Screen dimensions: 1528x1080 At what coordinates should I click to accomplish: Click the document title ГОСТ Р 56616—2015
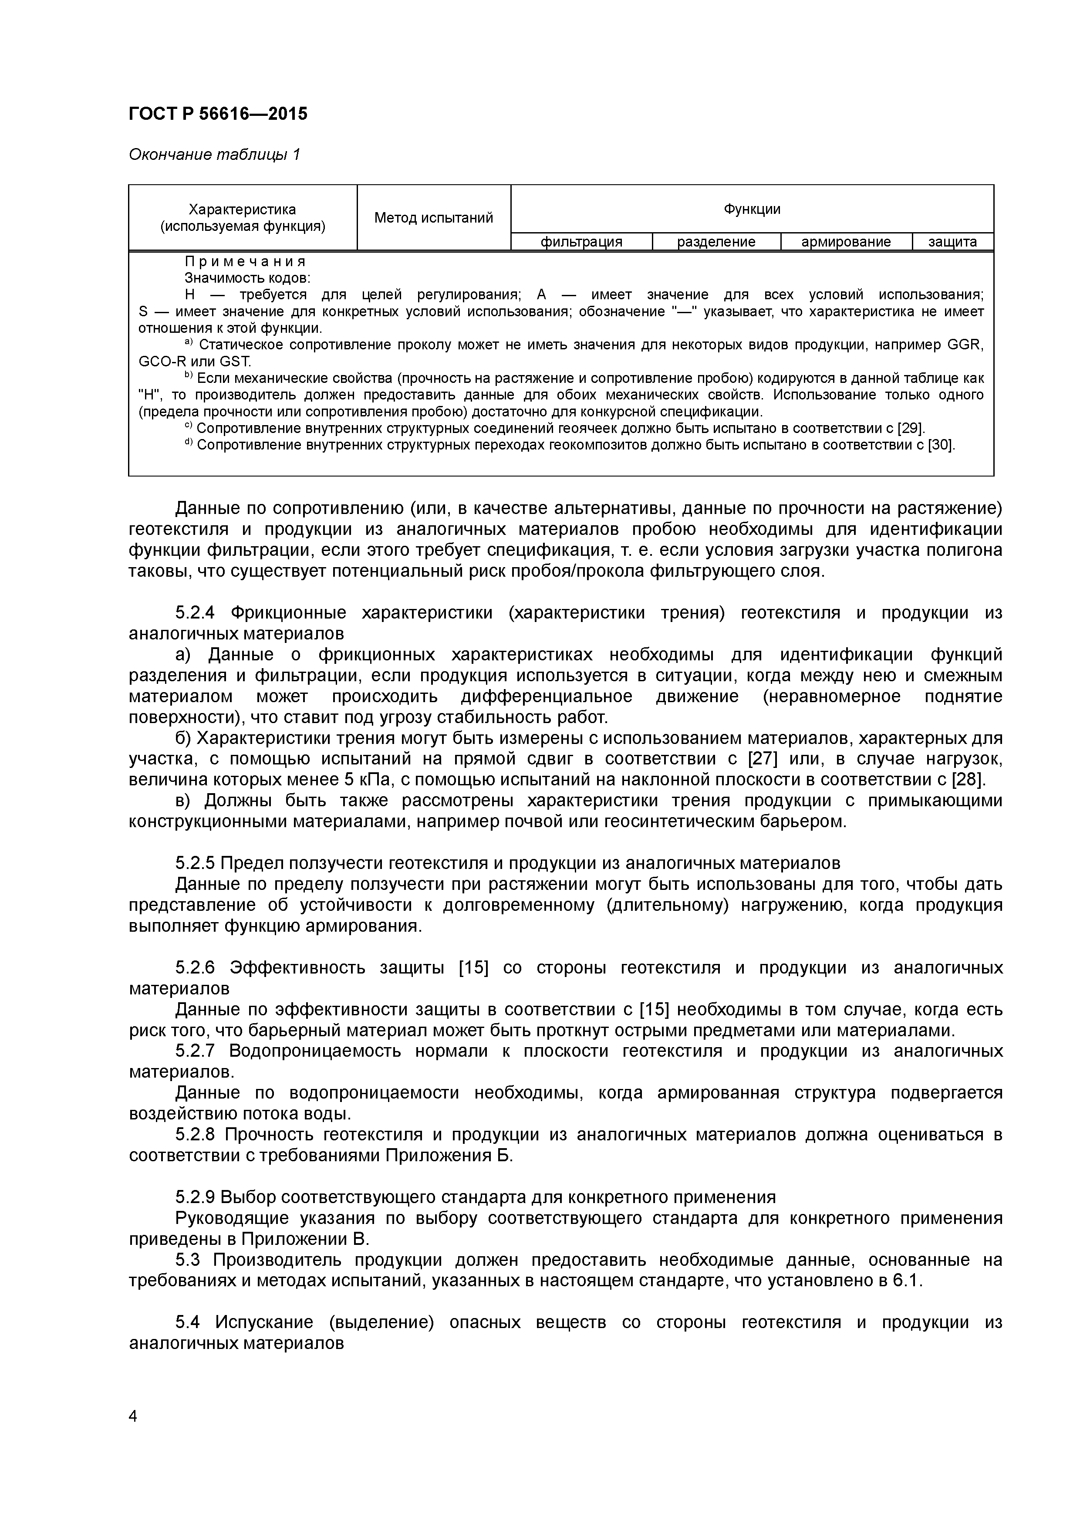coord(218,114)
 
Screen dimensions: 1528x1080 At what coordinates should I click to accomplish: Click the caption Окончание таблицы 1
coord(214,155)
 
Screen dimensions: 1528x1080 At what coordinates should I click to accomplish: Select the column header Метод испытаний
coord(433,218)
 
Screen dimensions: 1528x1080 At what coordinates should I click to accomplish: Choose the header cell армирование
coord(845,242)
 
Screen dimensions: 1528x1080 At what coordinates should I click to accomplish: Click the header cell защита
coord(952,242)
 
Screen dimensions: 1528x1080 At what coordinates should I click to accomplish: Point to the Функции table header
coord(752,209)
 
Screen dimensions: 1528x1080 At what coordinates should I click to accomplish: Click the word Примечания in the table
coord(244,261)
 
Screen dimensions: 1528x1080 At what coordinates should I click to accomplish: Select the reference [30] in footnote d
coord(940,445)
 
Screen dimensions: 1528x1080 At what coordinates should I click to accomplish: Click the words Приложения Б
coord(449,1155)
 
